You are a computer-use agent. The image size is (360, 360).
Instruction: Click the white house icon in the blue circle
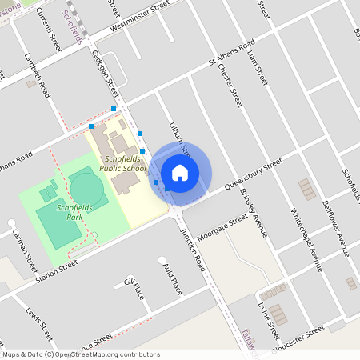coord(180,172)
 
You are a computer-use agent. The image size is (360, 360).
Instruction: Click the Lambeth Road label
coord(37,77)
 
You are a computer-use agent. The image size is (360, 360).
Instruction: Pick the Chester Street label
coord(230,84)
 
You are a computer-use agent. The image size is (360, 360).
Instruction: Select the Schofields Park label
coord(74,212)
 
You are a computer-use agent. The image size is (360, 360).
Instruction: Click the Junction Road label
coord(194,242)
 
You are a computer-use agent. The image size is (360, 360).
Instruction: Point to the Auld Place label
coord(172,278)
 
